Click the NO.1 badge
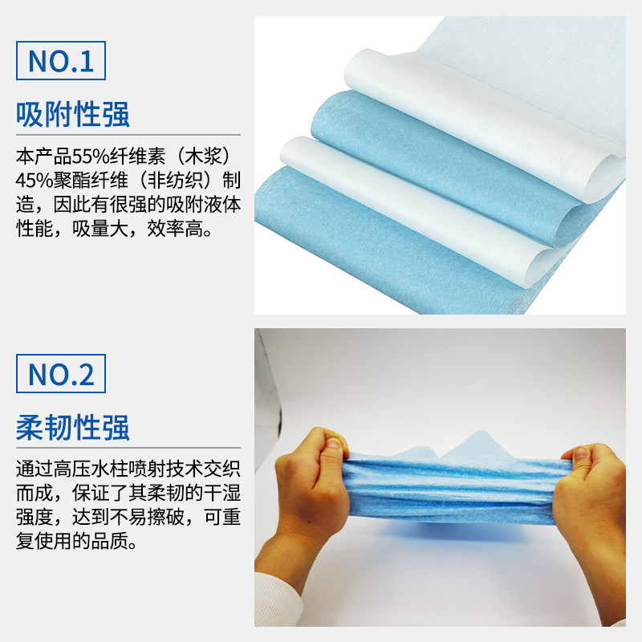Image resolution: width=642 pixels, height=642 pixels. pyautogui.click(x=60, y=61)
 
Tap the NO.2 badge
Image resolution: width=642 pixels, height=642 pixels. pyautogui.click(x=60, y=374)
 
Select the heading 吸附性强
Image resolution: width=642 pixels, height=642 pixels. pyautogui.click(x=73, y=115)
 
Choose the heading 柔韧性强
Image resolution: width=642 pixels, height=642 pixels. pyautogui.click(x=73, y=428)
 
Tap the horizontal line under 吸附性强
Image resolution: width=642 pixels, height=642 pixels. pyautogui.click(x=128, y=135)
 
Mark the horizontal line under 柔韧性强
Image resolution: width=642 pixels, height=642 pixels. pyautogui.click(x=128, y=448)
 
